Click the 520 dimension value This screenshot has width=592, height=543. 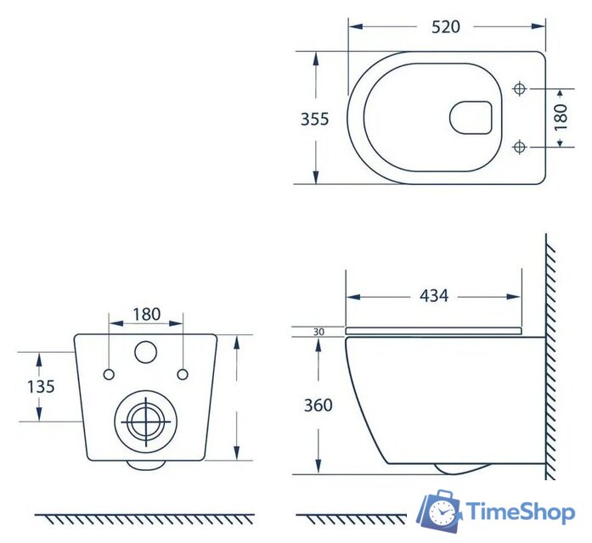(x=446, y=27)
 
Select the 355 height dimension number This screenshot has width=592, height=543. (x=314, y=119)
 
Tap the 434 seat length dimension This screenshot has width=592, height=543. (x=434, y=295)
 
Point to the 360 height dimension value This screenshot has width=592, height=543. (x=319, y=405)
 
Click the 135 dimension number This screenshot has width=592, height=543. (x=41, y=387)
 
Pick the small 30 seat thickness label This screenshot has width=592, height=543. (x=319, y=332)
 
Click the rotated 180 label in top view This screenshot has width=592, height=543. (x=561, y=117)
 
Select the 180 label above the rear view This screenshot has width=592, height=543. (x=146, y=314)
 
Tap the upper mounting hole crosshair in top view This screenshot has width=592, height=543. (x=520, y=89)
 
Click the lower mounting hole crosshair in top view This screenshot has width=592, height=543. (x=520, y=146)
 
